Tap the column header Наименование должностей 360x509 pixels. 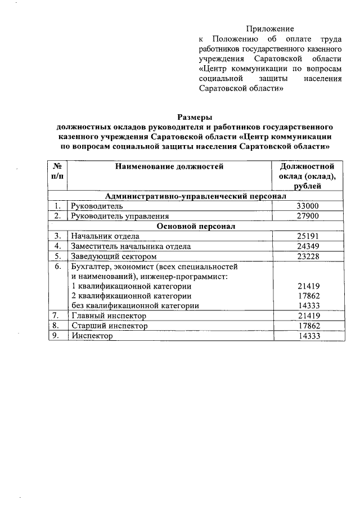(169, 166)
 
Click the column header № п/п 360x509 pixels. (57, 171)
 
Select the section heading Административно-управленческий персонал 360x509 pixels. (196, 196)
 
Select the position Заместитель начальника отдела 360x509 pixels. (130, 246)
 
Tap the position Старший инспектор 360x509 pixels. (109, 326)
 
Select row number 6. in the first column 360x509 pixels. (57, 266)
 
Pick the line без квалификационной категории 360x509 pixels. (135, 305)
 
